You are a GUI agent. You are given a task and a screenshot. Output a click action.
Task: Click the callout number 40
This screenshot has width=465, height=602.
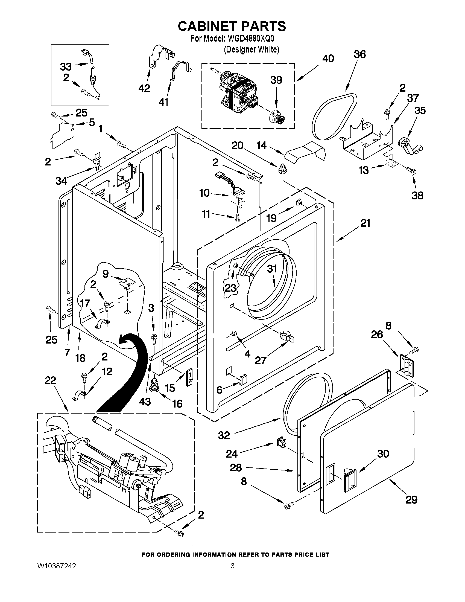(328, 59)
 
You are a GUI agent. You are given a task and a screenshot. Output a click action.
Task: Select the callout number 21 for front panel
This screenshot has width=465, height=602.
(365, 223)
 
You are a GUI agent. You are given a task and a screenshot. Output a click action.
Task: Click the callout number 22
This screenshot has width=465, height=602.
(50, 380)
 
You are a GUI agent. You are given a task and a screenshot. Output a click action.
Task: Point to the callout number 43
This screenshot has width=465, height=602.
(145, 402)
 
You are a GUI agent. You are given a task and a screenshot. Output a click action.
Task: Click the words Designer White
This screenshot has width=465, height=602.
(251, 50)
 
